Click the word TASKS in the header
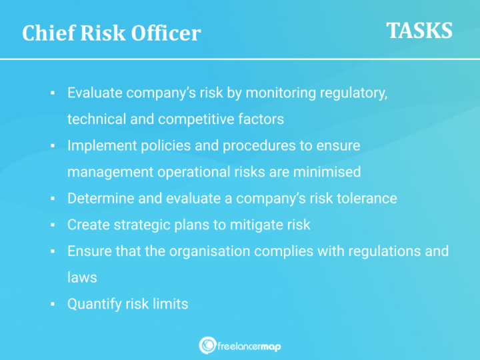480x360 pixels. click(x=419, y=31)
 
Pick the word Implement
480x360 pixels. click(x=99, y=145)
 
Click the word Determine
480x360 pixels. click(x=99, y=198)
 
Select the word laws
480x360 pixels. click(x=81, y=277)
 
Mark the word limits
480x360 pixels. click(x=170, y=304)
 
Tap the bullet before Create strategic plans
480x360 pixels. click(x=52, y=225)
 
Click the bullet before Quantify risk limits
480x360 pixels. click(x=52, y=305)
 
